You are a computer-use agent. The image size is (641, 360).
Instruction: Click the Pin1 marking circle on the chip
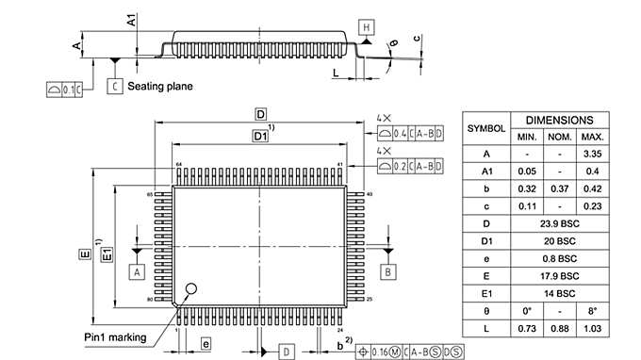click(193, 289)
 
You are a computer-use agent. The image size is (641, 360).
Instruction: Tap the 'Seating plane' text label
click(160, 87)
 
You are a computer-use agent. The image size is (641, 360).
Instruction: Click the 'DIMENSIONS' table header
click(559, 121)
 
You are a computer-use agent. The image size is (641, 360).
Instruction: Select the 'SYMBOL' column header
click(486, 128)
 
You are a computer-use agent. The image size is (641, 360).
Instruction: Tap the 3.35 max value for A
click(593, 154)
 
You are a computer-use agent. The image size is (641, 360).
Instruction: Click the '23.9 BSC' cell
click(559, 223)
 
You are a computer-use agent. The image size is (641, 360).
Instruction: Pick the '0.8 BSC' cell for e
click(559, 258)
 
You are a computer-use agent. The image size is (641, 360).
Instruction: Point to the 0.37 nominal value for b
click(559, 188)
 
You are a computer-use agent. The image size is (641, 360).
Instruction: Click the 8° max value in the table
click(593, 310)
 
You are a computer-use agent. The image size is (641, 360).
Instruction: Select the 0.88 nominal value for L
click(559, 328)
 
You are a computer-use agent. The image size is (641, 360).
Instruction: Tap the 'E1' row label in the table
click(486, 293)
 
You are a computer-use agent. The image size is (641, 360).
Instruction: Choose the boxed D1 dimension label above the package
click(260, 137)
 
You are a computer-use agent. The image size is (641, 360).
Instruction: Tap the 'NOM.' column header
click(559, 137)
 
